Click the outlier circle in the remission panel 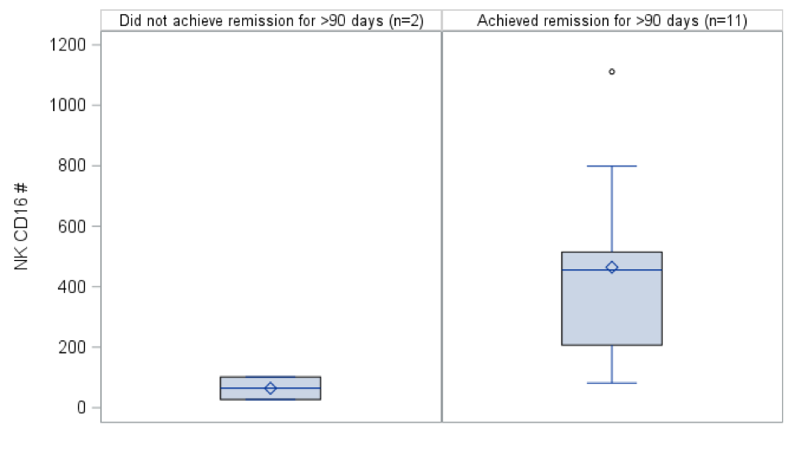(612, 72)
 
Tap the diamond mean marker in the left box (271, 388)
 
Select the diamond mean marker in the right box (612, 268)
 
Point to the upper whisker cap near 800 (612, 166)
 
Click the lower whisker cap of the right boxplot (612, 383)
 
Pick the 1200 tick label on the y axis (68, 45)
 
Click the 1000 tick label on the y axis (68, 105)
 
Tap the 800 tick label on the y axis (71, 166)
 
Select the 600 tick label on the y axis (71, 226)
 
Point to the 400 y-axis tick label (71, 286)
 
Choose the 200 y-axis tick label (71, 348)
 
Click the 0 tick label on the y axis (82, 407)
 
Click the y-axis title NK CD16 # (21, 226)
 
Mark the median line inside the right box (612, 270)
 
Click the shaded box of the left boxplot (271, 388)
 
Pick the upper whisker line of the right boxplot (612, 209)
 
